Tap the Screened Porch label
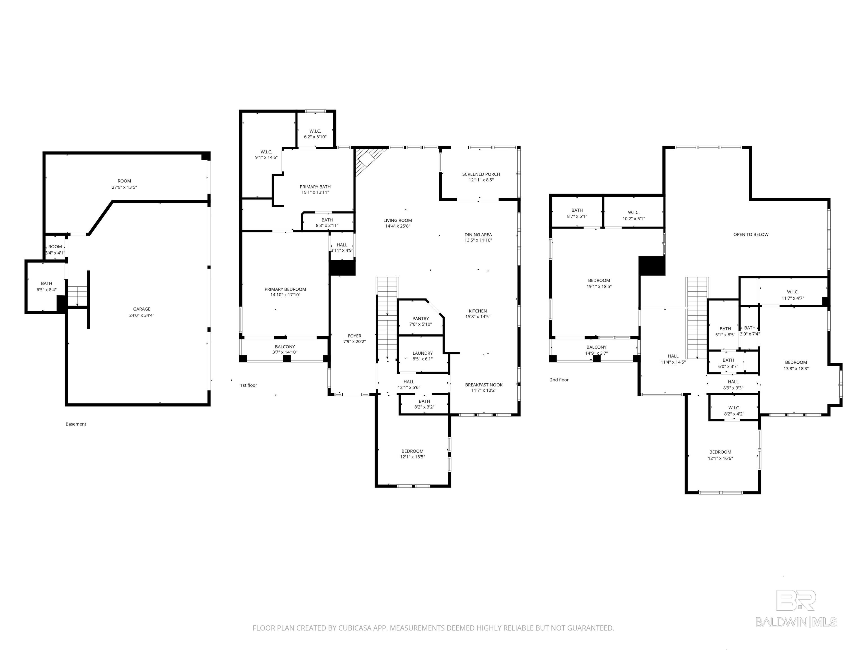[481, 174]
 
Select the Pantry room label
[421, 319]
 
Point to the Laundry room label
[422, 353]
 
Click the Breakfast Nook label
[484, 385]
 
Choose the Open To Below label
[751, 234]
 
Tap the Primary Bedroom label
[285, 289]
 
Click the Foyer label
[354, 336]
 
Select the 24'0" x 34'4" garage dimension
[141, 315]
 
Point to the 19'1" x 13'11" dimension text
[315, 192]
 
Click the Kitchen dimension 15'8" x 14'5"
[478, 317]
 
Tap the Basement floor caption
[76, 424]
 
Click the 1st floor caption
[248, 385]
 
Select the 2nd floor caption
[559, 380]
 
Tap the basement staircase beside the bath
[78, 296]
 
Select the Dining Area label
[478, 235]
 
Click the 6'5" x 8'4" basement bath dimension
[47, 289]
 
